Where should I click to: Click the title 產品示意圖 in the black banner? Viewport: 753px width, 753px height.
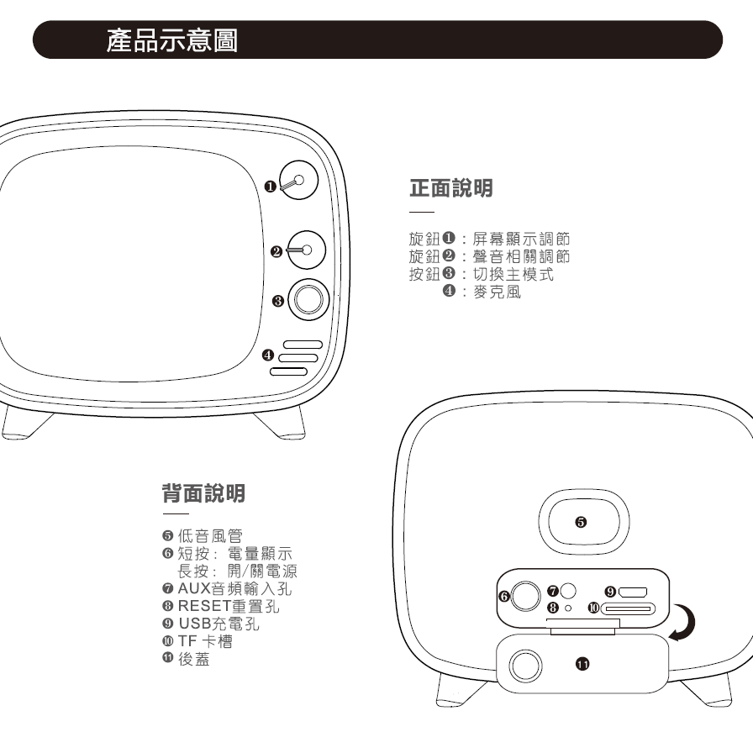172,39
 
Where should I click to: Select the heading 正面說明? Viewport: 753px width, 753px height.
451,187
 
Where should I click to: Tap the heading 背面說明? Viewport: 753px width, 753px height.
203,493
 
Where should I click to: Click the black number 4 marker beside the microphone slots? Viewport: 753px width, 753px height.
268,355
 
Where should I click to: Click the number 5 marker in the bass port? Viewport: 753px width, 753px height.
581,522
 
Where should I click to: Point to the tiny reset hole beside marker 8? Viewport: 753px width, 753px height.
568,608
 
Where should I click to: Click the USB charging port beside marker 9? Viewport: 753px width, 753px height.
633,592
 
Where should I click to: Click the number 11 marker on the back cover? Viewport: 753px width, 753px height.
582,664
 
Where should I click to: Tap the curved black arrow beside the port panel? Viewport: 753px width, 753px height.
691,624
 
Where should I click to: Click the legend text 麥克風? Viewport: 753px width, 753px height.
497,292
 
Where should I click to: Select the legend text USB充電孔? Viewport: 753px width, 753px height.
219,624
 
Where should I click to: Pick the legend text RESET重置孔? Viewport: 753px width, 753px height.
229,606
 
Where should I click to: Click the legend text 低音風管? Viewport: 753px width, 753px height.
210,535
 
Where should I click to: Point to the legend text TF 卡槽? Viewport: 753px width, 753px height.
206,641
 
